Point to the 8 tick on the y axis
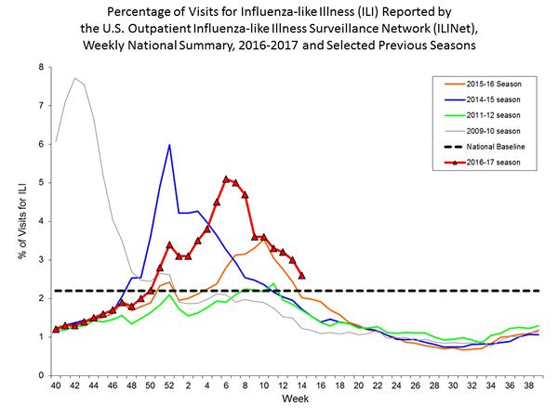[x=41, y=67]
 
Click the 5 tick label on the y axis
[x=41, y=183]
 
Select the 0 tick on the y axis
[x=41, y=375]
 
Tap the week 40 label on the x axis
[x=56, y=385]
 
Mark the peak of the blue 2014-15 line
[x=169, y=145]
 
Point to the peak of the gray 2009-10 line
[x=74, y=78]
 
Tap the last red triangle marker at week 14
[x=301, y=275]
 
